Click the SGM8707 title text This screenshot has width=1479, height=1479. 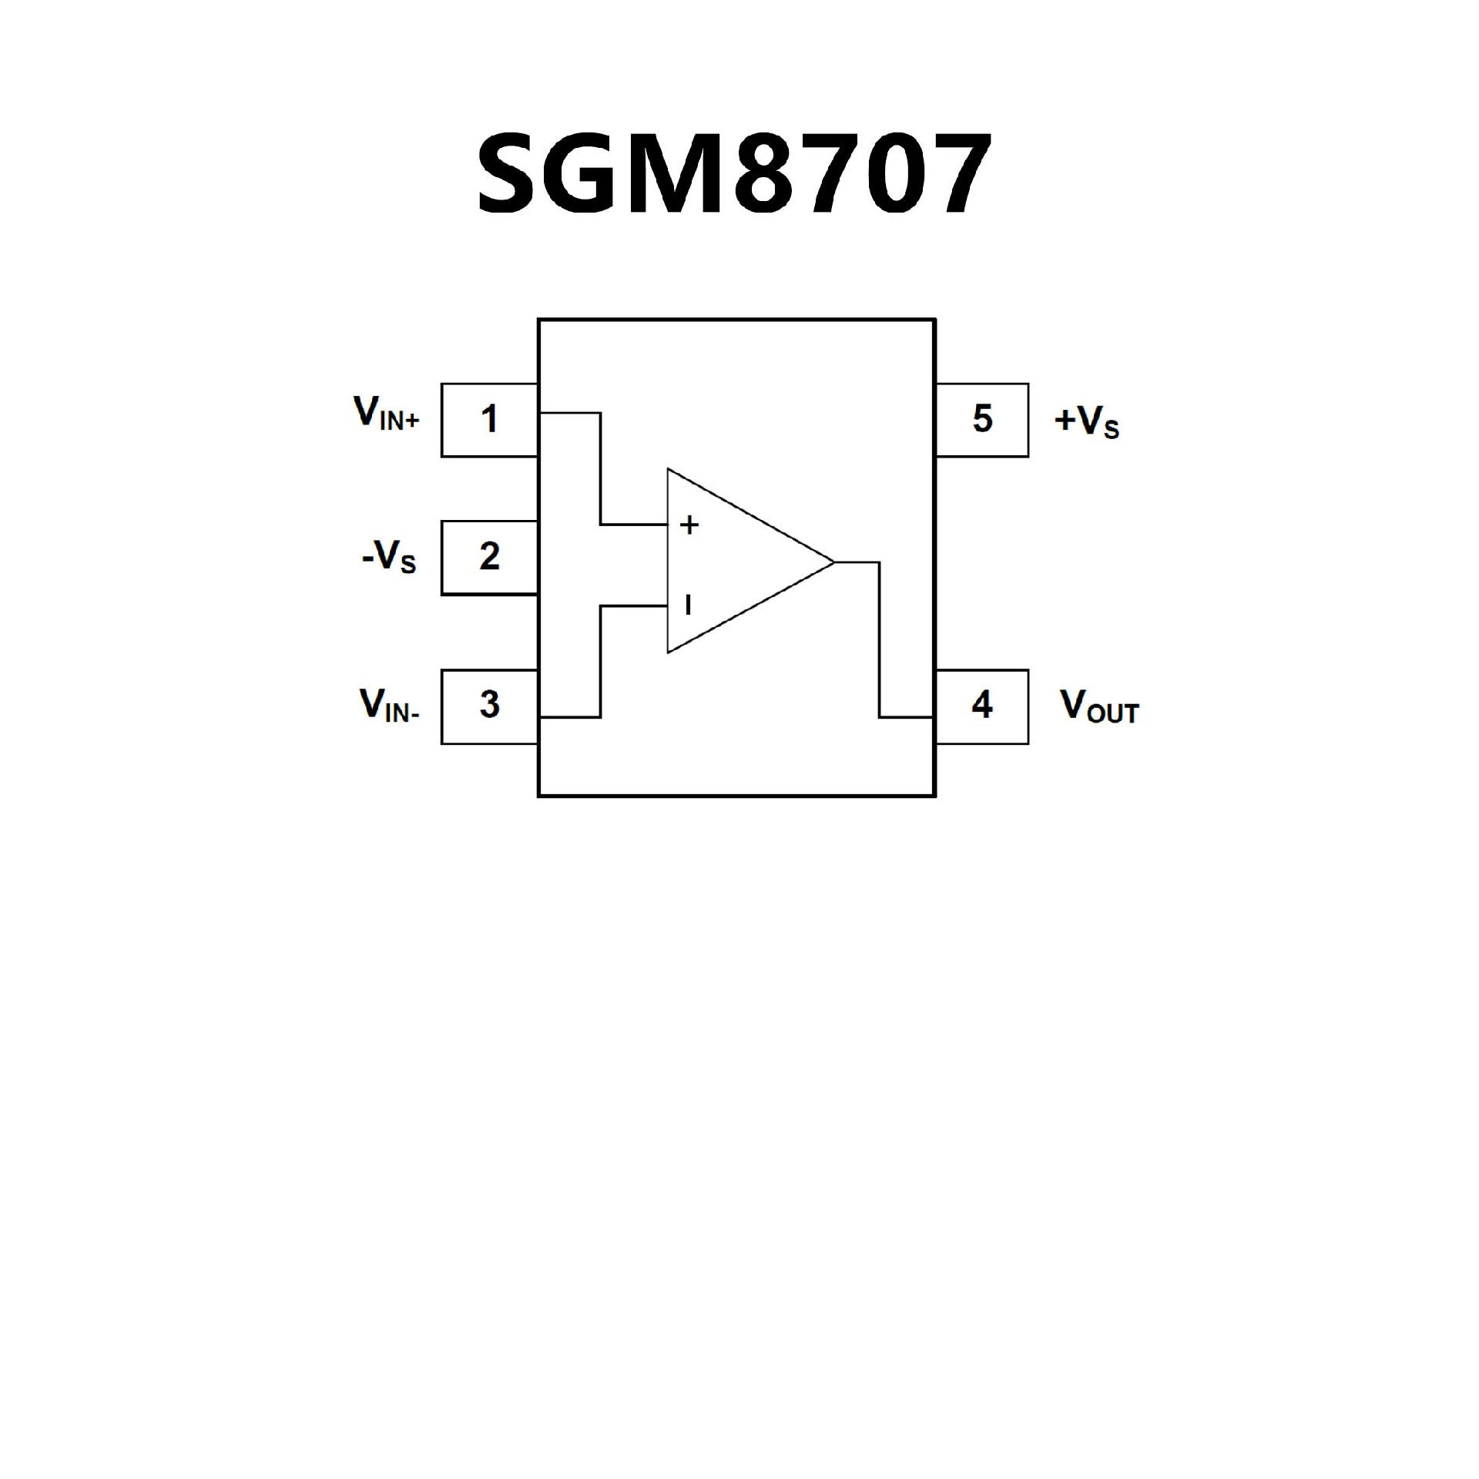734,173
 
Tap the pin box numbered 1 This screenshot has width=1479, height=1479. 489,420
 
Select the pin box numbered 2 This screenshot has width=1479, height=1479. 489,557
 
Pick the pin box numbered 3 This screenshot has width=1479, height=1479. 489,706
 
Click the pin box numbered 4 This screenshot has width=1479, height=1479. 981,706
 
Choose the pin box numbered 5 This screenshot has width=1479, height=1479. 981,420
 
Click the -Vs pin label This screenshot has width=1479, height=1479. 389,556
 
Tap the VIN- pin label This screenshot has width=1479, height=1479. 389,705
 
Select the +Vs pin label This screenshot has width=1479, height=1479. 1086,421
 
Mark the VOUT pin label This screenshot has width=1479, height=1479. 1099,706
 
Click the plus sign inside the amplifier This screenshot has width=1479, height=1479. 689,525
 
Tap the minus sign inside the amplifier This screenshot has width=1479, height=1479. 688,605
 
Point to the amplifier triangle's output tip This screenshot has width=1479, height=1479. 833,562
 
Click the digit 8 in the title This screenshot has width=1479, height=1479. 762,174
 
